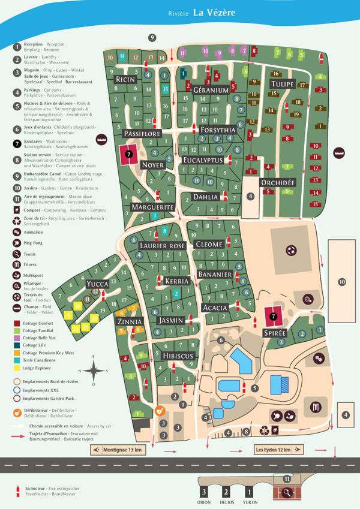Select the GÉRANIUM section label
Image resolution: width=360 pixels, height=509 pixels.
click(211, 91)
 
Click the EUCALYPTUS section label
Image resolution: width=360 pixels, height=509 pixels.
click(203, 161)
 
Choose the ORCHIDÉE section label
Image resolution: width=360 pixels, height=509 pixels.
click(277, 182)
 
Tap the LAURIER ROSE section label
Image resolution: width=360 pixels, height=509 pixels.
click(162, 246)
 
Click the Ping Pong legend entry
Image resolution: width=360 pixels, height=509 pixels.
click(17, 244)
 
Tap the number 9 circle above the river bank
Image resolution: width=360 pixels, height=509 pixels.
click(152, 38)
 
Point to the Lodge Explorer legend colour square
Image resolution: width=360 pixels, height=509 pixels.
click(17, 368)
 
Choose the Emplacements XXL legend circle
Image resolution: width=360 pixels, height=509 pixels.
click(17, 388)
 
